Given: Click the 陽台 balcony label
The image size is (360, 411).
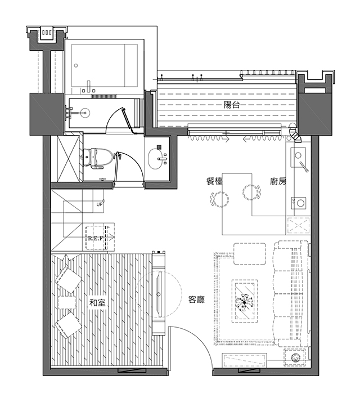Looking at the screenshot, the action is point(231,105).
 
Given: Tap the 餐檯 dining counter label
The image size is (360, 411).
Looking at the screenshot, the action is point(214,181).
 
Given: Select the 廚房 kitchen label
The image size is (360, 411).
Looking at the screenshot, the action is point(278,181).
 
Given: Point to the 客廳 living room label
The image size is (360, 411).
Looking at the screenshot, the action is point(197,300).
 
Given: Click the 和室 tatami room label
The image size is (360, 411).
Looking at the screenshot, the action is point(97,303).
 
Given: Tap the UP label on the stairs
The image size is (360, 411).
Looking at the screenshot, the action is point(100,204).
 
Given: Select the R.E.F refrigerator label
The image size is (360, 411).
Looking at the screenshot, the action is point(95,239).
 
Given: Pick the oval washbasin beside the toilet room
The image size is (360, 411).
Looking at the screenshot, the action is point(156,159).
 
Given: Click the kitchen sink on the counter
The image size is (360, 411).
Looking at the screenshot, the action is point(298,157).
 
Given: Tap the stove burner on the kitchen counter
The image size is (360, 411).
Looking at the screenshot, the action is point(300,203).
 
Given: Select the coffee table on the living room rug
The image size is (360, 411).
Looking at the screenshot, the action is point(245,301).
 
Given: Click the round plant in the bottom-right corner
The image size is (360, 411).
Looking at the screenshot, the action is point(296,357).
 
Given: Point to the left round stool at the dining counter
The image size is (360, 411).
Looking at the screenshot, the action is point(220,199).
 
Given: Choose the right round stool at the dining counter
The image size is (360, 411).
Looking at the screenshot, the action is point(251,193).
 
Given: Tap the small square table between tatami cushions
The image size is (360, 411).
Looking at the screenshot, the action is point(67,302).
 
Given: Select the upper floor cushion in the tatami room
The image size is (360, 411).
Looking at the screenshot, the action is point(68,280).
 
